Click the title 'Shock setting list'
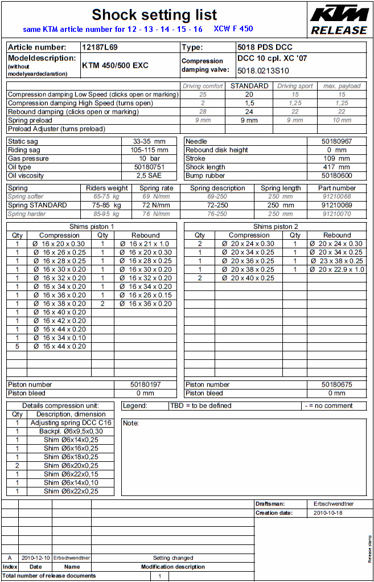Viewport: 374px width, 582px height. click(x=154, y=14)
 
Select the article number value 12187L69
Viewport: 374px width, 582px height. click(x=100, y=47)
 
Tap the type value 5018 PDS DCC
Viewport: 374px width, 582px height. click(x=265, y=47)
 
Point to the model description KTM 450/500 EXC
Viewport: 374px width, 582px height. click(x=115, y=65)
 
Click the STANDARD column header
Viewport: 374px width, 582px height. click(x=249, y=86)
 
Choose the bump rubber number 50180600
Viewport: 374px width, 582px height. click(x=336, y=176)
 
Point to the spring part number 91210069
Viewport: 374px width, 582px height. click(x=336, y=205)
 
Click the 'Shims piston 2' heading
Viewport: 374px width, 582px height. click(x=275, y=227)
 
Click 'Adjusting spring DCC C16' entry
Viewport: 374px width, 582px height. click(x=72, y=423)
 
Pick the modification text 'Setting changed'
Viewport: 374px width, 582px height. click(x=173, y=558)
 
